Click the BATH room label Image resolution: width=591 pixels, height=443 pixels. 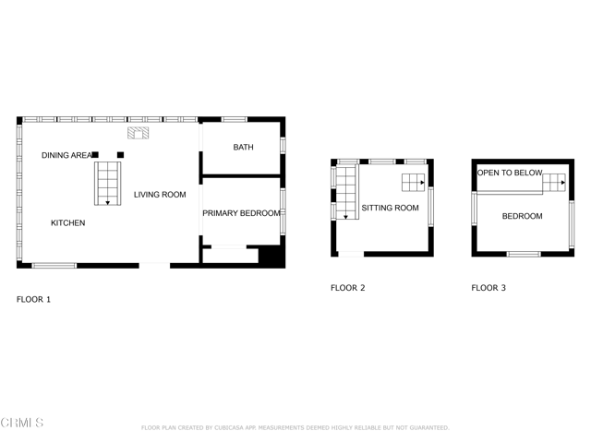coord(243,148)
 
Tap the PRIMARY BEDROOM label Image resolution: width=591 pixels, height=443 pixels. coord(241,213)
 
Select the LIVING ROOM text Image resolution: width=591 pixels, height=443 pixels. coord(160,195)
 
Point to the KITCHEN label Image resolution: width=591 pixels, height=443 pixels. coord(67,223)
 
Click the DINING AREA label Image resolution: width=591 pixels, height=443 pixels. coord(66,155)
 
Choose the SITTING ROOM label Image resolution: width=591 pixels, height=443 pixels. coord(390,209)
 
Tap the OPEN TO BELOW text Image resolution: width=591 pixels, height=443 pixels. coord(509,173)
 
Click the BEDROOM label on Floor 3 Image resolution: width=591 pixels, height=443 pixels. coord(522,216)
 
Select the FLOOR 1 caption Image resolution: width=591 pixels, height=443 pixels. coord(33,299)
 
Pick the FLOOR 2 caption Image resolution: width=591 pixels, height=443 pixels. coord(347,288)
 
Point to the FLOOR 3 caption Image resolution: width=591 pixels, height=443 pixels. coord(488,288)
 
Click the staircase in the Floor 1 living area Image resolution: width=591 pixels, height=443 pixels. coord(107,183)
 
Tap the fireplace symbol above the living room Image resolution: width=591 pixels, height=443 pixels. coord(138,133)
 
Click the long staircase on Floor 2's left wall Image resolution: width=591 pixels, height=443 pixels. coord(346,192)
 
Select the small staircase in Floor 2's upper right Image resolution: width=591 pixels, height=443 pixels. coord(413,181)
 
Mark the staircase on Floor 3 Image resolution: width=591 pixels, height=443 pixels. coord(553,182)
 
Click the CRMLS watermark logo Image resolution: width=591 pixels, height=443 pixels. coord(22,423)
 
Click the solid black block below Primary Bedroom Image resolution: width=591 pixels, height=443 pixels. coord(271,255)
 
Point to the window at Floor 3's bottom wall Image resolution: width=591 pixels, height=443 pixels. coord(524,254)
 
